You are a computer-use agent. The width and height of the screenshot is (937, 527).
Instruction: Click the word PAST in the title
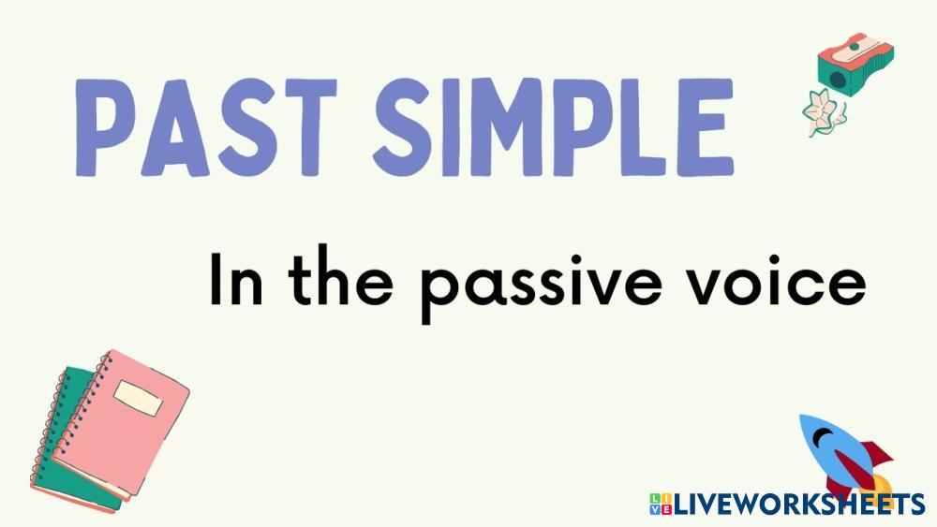point(205,127)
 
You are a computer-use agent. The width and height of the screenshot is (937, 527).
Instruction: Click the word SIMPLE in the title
point(554,127)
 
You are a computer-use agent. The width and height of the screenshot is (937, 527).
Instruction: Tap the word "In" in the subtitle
point(236,280)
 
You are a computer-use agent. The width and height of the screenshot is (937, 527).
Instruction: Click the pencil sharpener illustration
point(855,64)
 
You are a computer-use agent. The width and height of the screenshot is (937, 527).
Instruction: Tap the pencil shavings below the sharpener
point(824,112)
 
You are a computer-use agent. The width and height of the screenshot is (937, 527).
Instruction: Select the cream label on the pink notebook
point(139,398)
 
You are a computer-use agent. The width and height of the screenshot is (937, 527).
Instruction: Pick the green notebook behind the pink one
point(67,442)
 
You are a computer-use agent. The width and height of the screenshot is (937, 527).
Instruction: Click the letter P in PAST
point(102,127)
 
